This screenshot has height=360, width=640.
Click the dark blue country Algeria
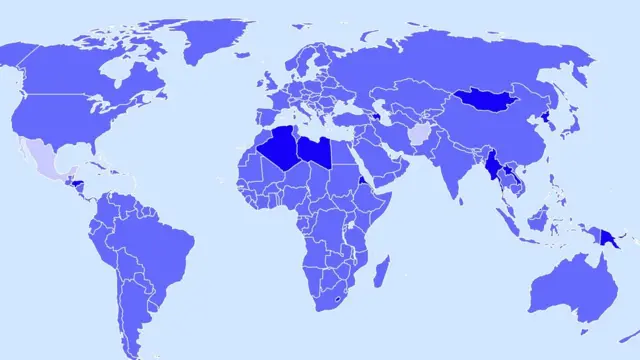(279, 150)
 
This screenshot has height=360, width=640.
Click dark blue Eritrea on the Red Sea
(358, 181)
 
